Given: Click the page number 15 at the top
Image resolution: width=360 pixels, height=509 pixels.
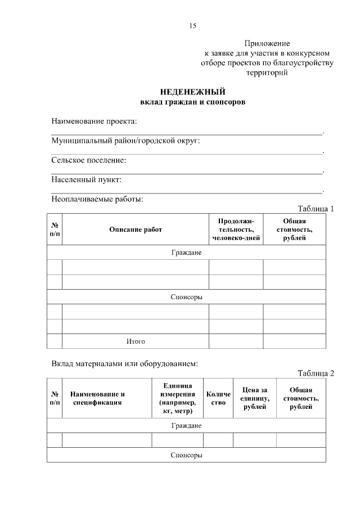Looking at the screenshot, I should (x=193, y=26).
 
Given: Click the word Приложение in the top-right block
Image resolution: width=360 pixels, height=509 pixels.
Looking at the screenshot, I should (x=267, y=43).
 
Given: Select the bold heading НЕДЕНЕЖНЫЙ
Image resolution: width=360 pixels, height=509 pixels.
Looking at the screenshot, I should (x=192, y=92).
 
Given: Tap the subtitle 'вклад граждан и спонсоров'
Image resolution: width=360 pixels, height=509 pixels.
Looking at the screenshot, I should (x=192, y=102).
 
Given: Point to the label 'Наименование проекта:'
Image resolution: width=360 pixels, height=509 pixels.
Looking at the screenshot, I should (x=94, y=121).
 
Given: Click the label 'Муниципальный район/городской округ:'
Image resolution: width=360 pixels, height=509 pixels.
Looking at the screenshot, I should (x=125, y=141).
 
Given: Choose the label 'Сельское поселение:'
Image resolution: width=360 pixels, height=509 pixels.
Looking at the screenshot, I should (x=89, y=160).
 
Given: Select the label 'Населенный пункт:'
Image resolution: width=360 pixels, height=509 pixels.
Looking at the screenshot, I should (x=87, y=180).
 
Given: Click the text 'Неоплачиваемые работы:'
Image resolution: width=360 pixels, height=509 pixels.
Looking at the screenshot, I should (x=97, y=199).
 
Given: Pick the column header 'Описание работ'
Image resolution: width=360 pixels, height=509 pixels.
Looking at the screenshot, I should (x=135, y=229).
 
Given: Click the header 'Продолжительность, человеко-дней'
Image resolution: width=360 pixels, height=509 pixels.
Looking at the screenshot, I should (x=236, y=229).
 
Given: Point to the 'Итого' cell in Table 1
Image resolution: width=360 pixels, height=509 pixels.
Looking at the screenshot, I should (x=135, y=341).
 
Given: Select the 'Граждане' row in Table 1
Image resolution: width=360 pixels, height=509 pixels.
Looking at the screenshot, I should (x=186, y=253).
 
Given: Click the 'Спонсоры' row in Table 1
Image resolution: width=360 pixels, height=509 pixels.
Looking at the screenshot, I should (x=186, y=297).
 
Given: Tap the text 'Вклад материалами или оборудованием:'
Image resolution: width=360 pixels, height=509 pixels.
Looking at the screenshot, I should (x=124, y=363).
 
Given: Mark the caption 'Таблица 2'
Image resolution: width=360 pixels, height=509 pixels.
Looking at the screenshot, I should (x=316, y=373).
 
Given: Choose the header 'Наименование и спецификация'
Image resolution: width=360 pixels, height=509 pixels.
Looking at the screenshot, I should (x=97, y=398).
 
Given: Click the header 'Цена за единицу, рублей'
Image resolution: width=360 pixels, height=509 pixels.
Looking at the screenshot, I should (x=254, y=398).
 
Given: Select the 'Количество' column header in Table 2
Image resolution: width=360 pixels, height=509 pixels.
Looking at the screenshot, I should (x=218, y=398).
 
